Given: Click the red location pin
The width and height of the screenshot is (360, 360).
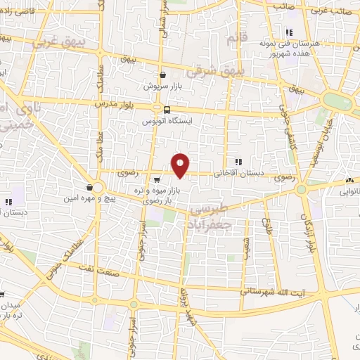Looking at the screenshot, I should pos(181,165).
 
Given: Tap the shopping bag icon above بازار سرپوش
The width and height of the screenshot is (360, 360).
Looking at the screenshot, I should pos(163,75).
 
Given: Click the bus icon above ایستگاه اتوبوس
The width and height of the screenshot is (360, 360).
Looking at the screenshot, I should pos(167,110).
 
